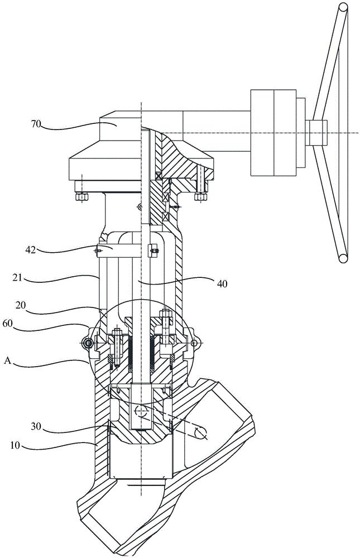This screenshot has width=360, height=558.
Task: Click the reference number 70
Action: (x=37, y=124)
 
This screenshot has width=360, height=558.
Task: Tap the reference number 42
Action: (x=31, y=250)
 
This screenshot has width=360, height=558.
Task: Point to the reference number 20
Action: (x=21, y=304)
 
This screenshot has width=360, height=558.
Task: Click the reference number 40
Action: (x=222, y=283)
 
